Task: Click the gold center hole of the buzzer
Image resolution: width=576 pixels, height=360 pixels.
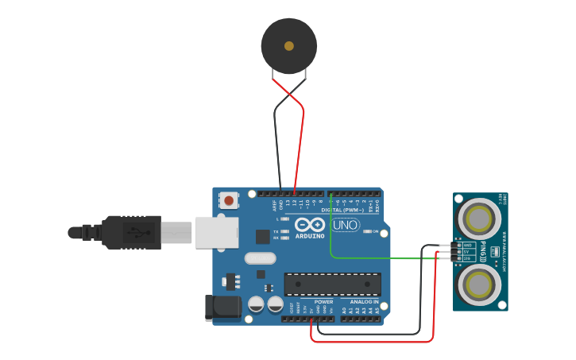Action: [x=289, y=46]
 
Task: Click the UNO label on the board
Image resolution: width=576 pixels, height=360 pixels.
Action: [x=346, y=226]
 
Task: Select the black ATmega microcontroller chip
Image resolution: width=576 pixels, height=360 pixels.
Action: [x=332, y=285]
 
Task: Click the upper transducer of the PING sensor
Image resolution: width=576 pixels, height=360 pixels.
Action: [x=479, y=218]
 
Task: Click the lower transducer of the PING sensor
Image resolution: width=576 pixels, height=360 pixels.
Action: [x=479, y=284]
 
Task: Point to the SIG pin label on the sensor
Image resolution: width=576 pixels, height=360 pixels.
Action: [x=467, y=259]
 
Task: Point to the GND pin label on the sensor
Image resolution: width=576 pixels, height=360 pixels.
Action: [x=467, y=246]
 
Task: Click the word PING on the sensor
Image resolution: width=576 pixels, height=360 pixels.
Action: [x=483, y=252]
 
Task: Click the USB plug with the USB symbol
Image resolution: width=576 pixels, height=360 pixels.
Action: [x=135, y=233]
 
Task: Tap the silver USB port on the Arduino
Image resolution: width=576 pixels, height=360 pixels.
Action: [x=216, y=231]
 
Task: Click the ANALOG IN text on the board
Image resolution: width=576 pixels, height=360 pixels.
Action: [x=365, y=302]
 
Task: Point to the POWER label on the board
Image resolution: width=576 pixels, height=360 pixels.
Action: [x=323, y=302]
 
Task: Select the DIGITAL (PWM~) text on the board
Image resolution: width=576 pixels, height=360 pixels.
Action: [x=342, y=210]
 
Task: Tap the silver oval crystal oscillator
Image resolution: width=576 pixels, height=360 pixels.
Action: [x=260, y=258]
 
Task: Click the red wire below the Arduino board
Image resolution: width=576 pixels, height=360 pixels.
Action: [x=373, y=342]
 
